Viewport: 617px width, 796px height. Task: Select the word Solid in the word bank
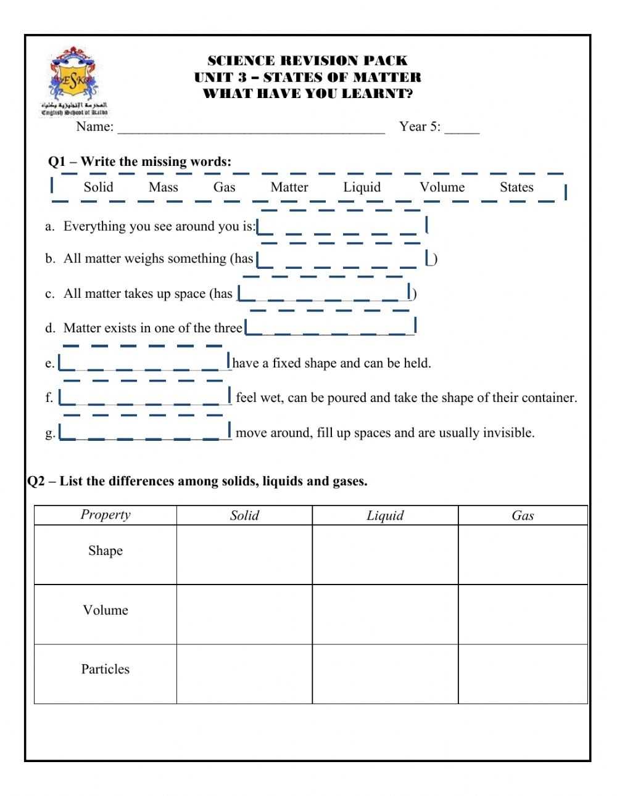point(99,187)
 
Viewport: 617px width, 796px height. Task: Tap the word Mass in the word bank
point(164,187)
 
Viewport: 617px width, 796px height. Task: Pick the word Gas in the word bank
point(225,187)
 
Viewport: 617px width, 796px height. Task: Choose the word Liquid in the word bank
point(362,187)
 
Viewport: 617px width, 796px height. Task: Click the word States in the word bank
point(516,187)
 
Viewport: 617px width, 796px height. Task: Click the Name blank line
point(251,128)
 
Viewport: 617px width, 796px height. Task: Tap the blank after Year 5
point(462,128)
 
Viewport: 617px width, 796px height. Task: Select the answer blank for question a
point(341,226)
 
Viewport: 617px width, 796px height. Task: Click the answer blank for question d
point(331,327)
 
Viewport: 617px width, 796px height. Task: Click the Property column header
point(106,515)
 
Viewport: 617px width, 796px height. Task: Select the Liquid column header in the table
point(385,515)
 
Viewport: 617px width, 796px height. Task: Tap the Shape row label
point(106,551)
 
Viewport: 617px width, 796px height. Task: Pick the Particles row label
point(106,669)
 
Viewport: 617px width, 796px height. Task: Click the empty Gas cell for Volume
point(523,614)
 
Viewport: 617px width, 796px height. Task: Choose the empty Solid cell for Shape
point(244,554)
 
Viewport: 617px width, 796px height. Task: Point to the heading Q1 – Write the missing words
point(140,162)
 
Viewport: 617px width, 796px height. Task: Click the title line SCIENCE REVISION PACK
point(307,60)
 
